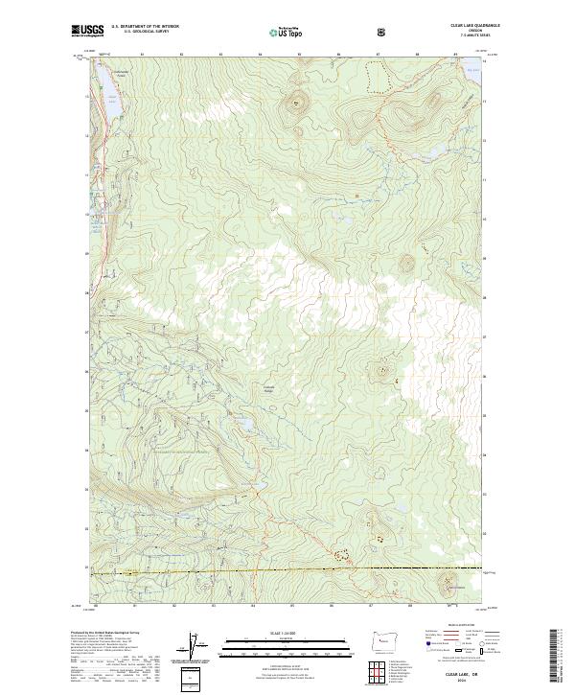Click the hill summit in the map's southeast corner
pos(447,581)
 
